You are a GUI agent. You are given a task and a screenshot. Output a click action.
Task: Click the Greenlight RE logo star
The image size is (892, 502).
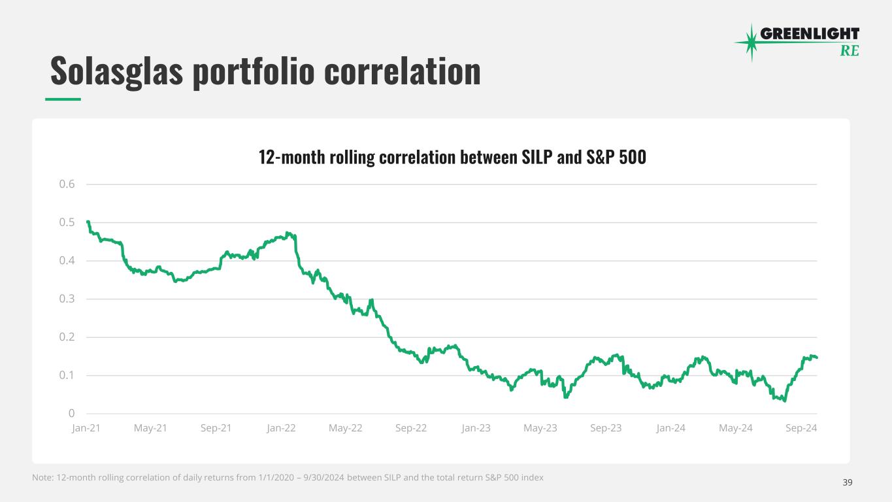coord(752,42)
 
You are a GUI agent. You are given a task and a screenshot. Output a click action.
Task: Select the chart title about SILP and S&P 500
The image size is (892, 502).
coord(452,158)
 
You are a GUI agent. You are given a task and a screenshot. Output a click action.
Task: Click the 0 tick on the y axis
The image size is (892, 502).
coord(71,414)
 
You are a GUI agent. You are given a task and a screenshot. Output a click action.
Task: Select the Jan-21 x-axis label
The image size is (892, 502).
coord(86,429)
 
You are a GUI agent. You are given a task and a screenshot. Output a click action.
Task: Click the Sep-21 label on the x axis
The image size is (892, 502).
coord(216,429)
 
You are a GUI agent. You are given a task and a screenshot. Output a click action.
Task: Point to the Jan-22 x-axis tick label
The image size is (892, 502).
coord(281,429)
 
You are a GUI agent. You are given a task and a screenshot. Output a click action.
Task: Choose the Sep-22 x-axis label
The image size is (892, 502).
coord(411,429)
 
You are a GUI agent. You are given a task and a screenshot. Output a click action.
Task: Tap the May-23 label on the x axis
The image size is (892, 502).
coord(540,429)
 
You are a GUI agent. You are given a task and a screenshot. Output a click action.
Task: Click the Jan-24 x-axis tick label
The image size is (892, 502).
coord(671,429)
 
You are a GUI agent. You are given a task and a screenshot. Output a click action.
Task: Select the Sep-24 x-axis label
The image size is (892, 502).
coord(801,429)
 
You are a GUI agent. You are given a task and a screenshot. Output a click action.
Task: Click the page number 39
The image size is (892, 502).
coord(848,482)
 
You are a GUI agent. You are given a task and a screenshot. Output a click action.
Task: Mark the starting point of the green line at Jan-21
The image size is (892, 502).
coord(88,222)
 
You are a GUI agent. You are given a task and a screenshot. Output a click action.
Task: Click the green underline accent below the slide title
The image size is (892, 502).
coord(63,99)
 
